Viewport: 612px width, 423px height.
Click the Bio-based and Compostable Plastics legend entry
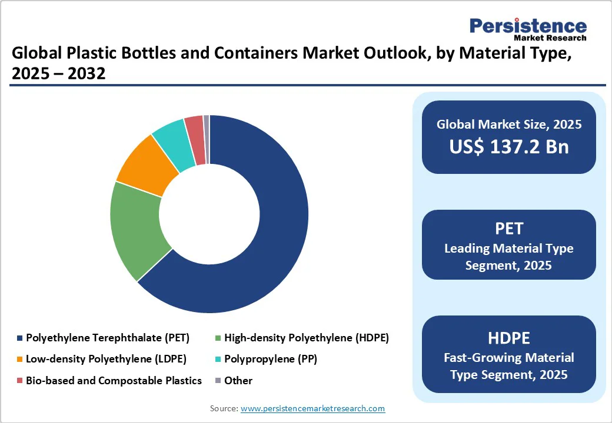click(x=114, y=381)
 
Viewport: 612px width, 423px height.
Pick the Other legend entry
click(x=238, y=381)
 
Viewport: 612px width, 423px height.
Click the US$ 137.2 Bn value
click(x=509, y=147)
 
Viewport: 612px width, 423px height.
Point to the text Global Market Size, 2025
click(x=509, y=125)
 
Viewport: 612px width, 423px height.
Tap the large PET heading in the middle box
click(x=509, y=228)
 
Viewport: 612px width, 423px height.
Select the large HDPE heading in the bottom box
click(x=509, y=338)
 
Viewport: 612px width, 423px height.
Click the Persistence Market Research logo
click(x=528, y=29)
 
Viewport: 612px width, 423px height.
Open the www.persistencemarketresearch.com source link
click(x=312, y=408)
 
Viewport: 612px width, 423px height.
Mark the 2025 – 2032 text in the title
click(x=58, y=74)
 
